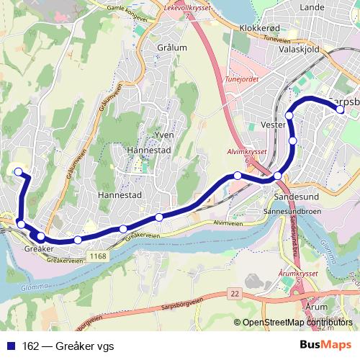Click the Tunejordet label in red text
tap(242, 80)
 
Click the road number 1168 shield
tap(99, 256)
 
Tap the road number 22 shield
tap(235, 293)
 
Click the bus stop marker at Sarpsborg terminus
tap(341, 109)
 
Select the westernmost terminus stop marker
tap(18, 171)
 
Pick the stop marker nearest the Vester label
tap(289, 115)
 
